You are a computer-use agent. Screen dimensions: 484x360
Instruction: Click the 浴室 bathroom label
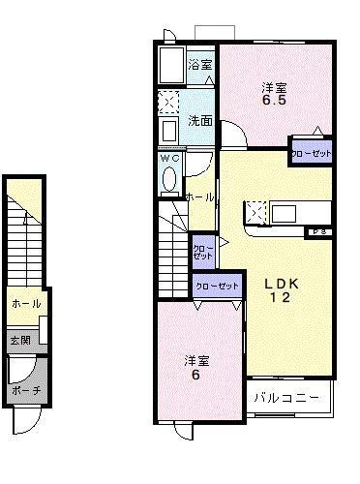coord(200,65)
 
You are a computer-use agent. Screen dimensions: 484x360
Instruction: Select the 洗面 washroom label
coord(200,121)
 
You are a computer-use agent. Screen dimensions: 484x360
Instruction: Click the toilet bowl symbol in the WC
coord(170,179)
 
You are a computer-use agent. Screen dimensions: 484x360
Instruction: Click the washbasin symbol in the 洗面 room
coord(167,130)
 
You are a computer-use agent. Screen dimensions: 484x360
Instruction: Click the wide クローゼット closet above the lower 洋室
coord(218,286)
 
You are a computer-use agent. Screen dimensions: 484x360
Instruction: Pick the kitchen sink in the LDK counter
coord(288,211)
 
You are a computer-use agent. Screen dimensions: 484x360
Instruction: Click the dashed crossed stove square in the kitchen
coord(255,211)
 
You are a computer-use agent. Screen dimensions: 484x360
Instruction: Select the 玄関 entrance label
coord(20,340)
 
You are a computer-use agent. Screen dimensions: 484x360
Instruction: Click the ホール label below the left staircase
coord(25,304)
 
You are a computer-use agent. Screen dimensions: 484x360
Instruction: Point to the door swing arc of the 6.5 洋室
coord(235,133)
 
